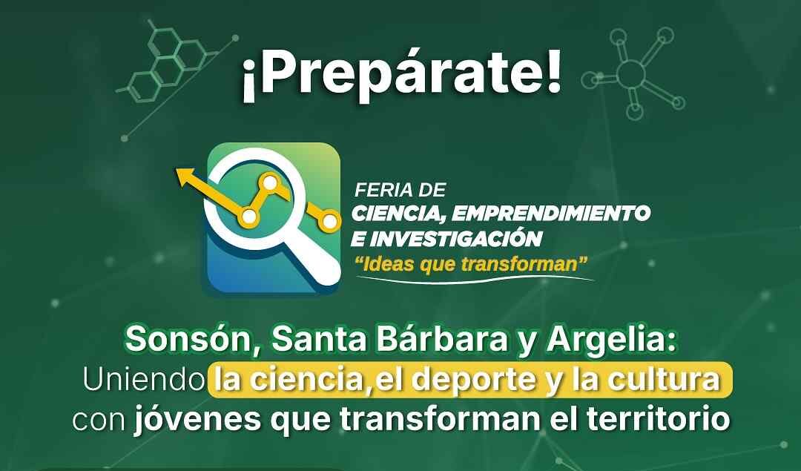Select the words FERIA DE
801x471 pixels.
[400, 191]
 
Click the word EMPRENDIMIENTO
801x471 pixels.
[550, 214]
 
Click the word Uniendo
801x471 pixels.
[143, 380]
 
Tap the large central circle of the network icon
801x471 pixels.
[631, 73]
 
